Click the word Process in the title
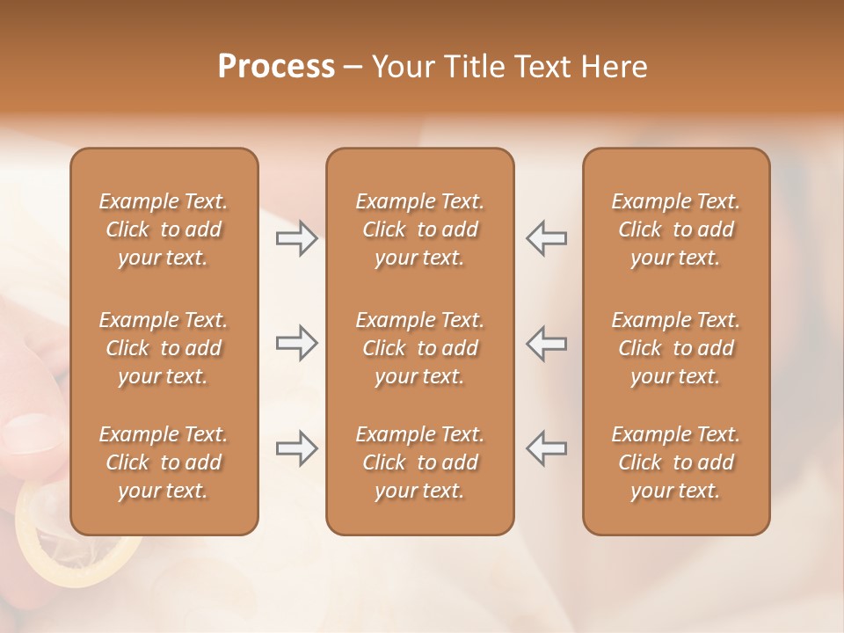click(276, 67)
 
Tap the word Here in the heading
click(612, 67)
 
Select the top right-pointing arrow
click(296, 238)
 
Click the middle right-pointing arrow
click(296, 343)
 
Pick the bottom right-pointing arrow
click(296, 448)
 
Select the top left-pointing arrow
click(547, 238)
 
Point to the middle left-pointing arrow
click(547, 343)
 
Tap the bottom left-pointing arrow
click(547, 448)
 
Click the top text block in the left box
click(164, 229)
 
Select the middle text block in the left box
click(164, 348)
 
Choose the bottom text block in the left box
click(164, 462)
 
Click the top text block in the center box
click(420, 229)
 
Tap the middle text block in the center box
click(420, 348)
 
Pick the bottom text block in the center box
click(420, 462)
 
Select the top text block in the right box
click(676, 229)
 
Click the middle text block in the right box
click(676, 348)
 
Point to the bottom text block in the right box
click(676, 462)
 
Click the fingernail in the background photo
click(26, 435)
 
